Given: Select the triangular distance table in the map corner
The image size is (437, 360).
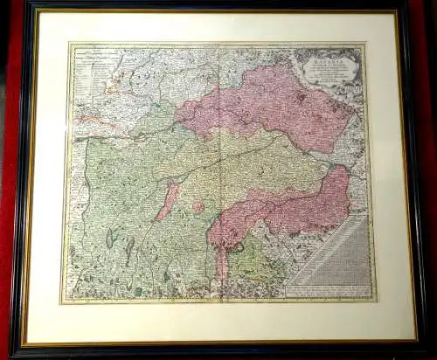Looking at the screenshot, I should [x=336, y=249].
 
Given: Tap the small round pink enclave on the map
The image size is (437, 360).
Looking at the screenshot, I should [x=198, y=208].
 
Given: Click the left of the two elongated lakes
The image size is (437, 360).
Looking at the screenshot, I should [x=110, y=238].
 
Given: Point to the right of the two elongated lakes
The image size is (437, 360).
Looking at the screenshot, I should [x=129, y=250].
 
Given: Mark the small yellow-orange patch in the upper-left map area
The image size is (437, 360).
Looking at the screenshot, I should [x=114, y=88].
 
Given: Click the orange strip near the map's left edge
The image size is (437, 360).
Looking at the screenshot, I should [x=87, y=118].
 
